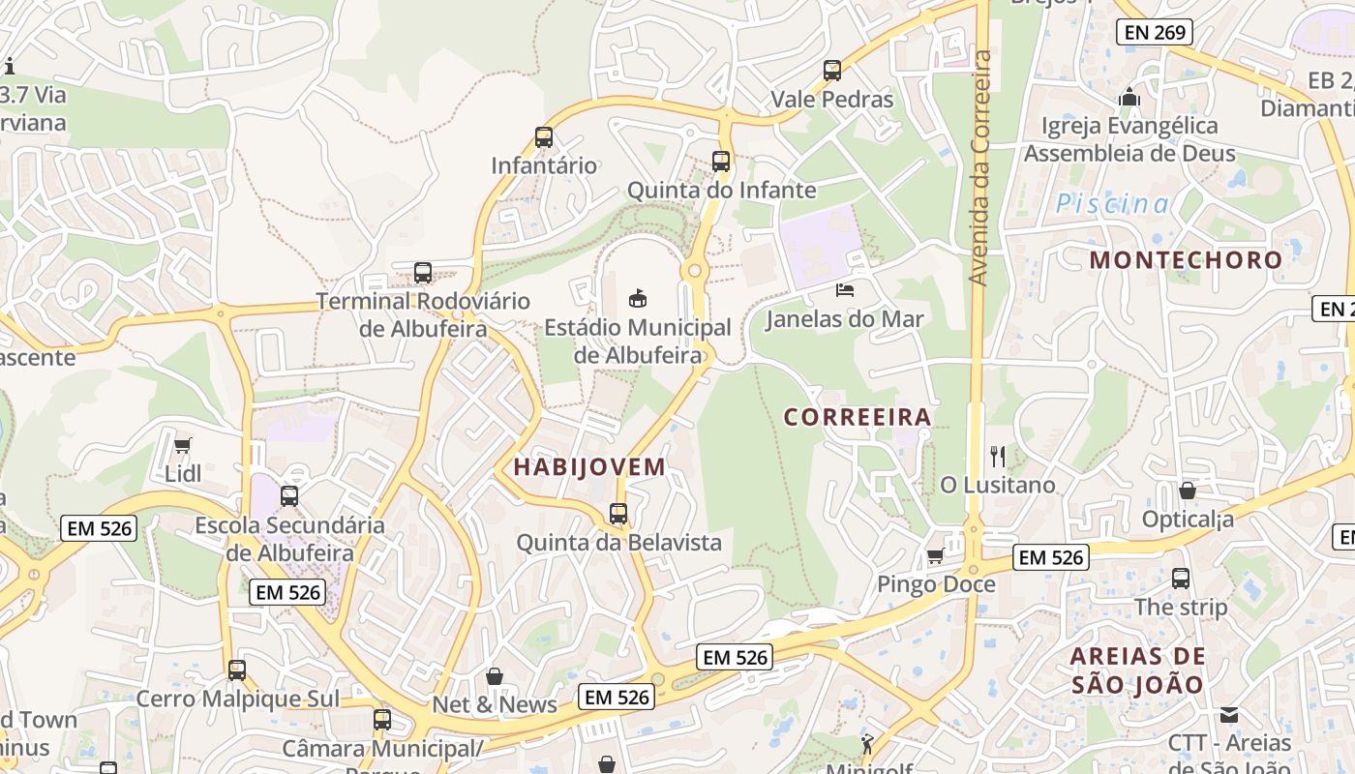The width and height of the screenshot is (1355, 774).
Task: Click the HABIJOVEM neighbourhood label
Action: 589,466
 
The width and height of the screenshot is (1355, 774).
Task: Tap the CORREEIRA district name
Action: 857,417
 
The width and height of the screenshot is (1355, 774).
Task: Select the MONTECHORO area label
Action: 1186,259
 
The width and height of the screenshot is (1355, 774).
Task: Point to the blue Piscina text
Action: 1112,204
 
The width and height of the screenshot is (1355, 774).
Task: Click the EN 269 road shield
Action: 1154,32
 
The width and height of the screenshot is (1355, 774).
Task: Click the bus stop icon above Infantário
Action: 544,137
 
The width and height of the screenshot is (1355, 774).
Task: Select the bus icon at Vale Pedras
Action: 832,71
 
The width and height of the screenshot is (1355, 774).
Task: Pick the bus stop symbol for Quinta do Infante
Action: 721,162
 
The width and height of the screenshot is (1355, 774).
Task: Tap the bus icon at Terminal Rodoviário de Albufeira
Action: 423,273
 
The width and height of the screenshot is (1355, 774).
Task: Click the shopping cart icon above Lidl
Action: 183,445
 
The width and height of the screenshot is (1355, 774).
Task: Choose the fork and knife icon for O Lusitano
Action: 998,456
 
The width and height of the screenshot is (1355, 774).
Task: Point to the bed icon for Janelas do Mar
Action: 845,290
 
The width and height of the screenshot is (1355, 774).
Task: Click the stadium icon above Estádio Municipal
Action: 637,299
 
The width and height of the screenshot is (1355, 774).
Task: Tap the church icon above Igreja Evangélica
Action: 1129,98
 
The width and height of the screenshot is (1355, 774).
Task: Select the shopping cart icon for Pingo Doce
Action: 935,556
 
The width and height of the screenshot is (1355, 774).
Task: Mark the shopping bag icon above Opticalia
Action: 1188,491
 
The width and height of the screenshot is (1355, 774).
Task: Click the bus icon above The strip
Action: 1181,579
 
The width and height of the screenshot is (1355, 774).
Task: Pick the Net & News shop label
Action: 495,704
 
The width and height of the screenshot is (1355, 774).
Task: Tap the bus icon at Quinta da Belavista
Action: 618,514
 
